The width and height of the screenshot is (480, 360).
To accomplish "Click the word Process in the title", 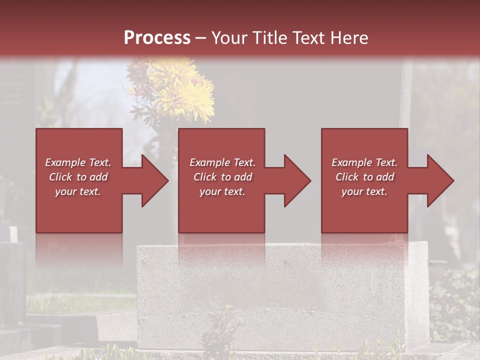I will tap(157, 37).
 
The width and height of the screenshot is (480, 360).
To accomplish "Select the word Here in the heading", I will tap(349, 37).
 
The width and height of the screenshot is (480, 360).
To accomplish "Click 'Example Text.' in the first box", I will tap(78, 162).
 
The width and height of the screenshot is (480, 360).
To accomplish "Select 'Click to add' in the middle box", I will tap(222, 177).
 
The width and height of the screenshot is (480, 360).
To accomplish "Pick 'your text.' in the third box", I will tap(364, 191).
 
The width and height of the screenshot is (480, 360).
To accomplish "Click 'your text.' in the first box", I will tap(78, 191).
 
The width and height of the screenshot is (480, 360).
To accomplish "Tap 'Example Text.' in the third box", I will tap(364, 162).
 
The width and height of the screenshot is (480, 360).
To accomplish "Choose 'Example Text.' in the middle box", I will tap(222, 162).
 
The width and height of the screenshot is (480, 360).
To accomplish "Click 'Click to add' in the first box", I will tap(78, 177).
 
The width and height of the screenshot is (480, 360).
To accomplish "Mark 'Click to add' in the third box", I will tap(364, 177).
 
